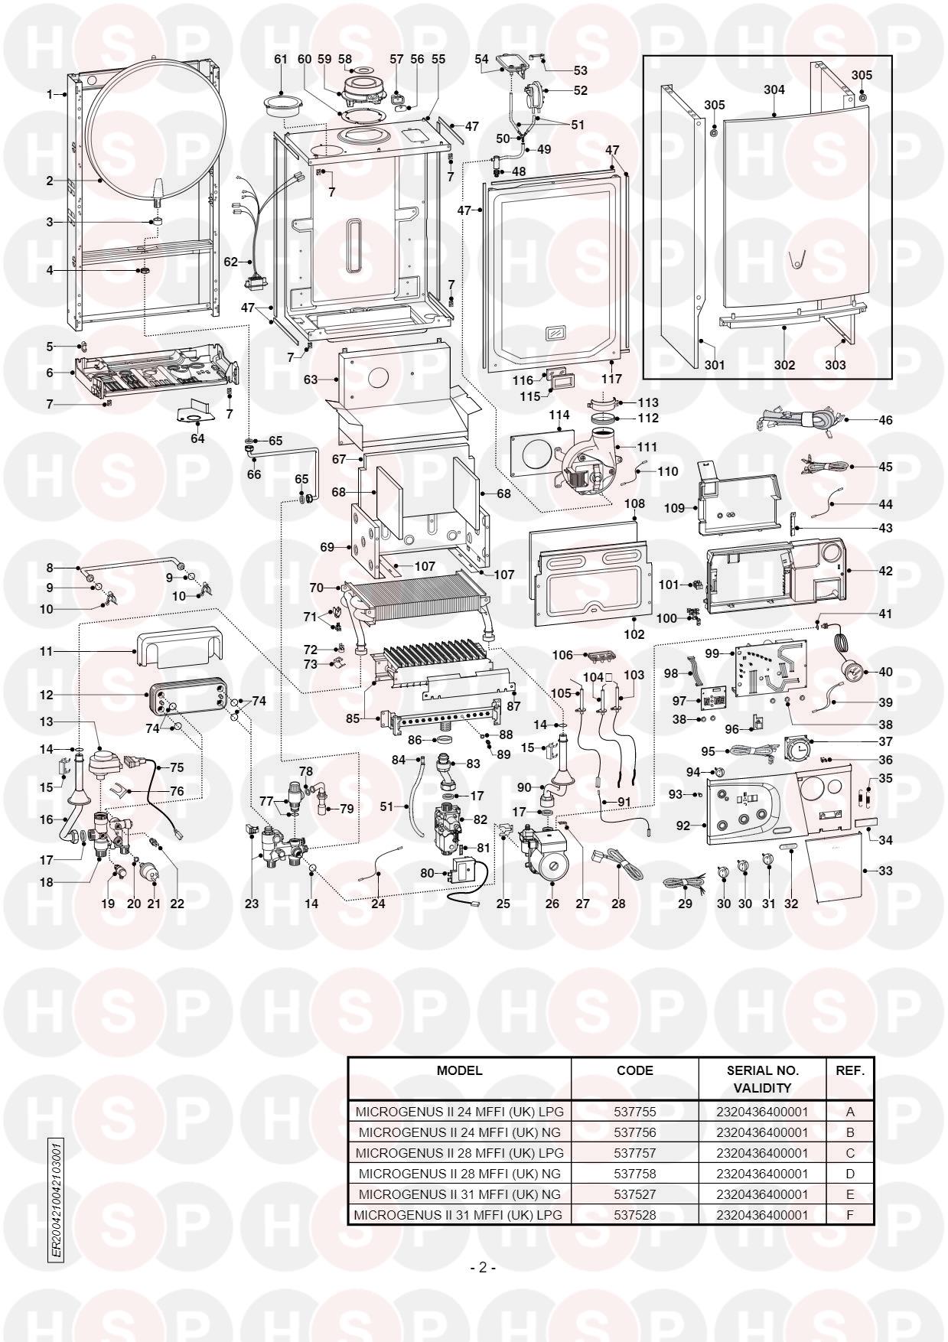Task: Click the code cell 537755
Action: coord(634,1111)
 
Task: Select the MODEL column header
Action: coord(459,1070)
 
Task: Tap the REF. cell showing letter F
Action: coord(849,1214)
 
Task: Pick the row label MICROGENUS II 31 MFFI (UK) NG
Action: coord(459,1194)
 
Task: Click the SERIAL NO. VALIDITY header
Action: coord(762,1078)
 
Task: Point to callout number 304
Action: coord(774,90)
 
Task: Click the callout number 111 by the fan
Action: coord(647,447)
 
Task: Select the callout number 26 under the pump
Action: coord(552,903)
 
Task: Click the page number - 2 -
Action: coord(483,1268)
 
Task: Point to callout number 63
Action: coord(309,379)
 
